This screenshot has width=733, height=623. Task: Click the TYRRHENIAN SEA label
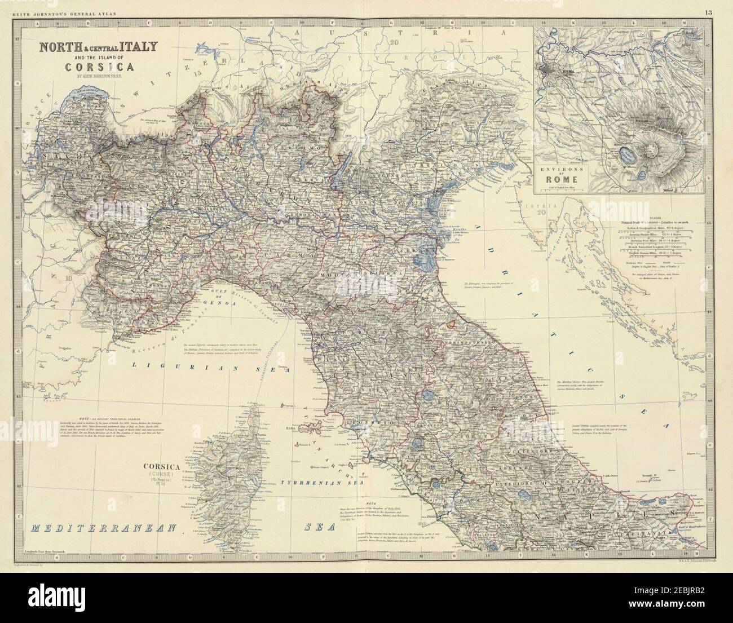(x=319, y=483)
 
